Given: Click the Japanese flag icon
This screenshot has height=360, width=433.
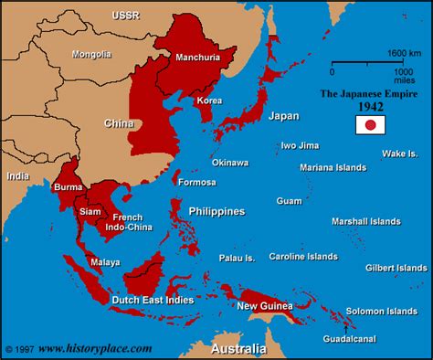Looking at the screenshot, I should (x=369, y=125).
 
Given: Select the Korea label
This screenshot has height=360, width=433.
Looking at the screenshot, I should (x=209, y=100).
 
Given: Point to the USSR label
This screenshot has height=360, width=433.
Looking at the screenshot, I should (x=126, y=16).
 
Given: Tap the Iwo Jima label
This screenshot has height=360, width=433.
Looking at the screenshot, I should (x=301, y=144).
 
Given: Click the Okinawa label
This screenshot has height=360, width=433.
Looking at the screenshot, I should (x=229, y=162).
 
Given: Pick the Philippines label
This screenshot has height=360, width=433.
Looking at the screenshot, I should (x=216, y=211).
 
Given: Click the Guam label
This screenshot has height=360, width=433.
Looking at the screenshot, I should (x=289, y=200).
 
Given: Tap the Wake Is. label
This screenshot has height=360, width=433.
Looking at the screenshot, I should (x=400, y=153).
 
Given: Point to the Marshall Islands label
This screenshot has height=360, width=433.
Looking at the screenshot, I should (x=365, y=221).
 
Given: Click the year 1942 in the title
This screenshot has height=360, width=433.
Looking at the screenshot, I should (x=369, y=106).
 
